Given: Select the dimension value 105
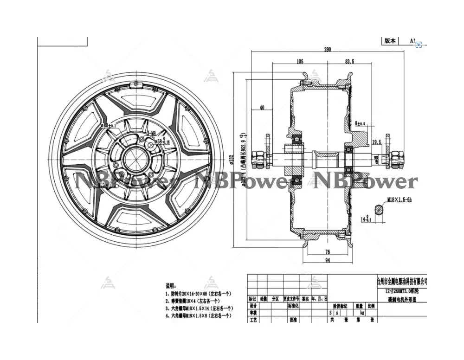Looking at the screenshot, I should (x=300, y=61).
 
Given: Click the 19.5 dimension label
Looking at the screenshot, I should (x=377, y=142).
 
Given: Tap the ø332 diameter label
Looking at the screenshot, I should (x=231, y=159).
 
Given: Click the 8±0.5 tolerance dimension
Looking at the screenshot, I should (x=361, y=123).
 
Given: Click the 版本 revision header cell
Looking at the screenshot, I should (x=390, y=41).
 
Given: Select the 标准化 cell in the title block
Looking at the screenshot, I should (x=293, y=306).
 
